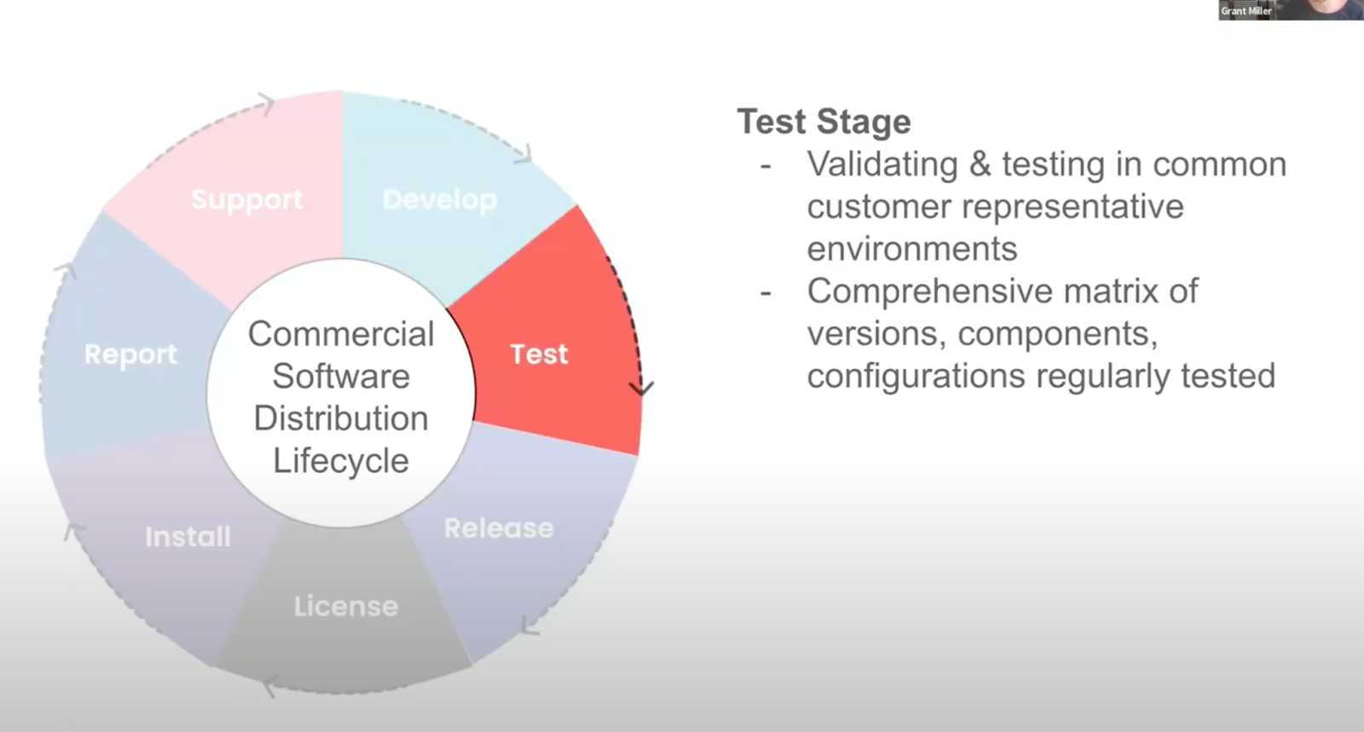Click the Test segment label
539,354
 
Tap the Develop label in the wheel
439,199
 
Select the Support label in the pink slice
246,199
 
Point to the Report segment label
130,354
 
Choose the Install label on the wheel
188,537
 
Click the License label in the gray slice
345,606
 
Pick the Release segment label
499,528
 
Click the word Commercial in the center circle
341,334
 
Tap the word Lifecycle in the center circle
341,461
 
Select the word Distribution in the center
341,418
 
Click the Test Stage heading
824,122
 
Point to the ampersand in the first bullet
980,164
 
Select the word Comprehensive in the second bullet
928,291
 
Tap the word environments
912,249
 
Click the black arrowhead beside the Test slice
641,389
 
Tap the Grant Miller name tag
1246,11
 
